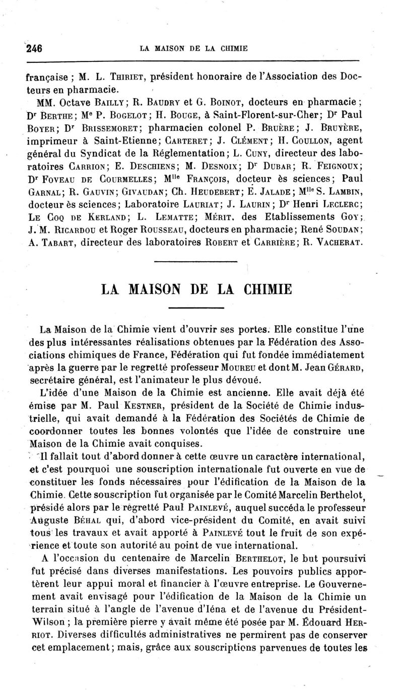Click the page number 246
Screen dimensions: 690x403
pos(33,49)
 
